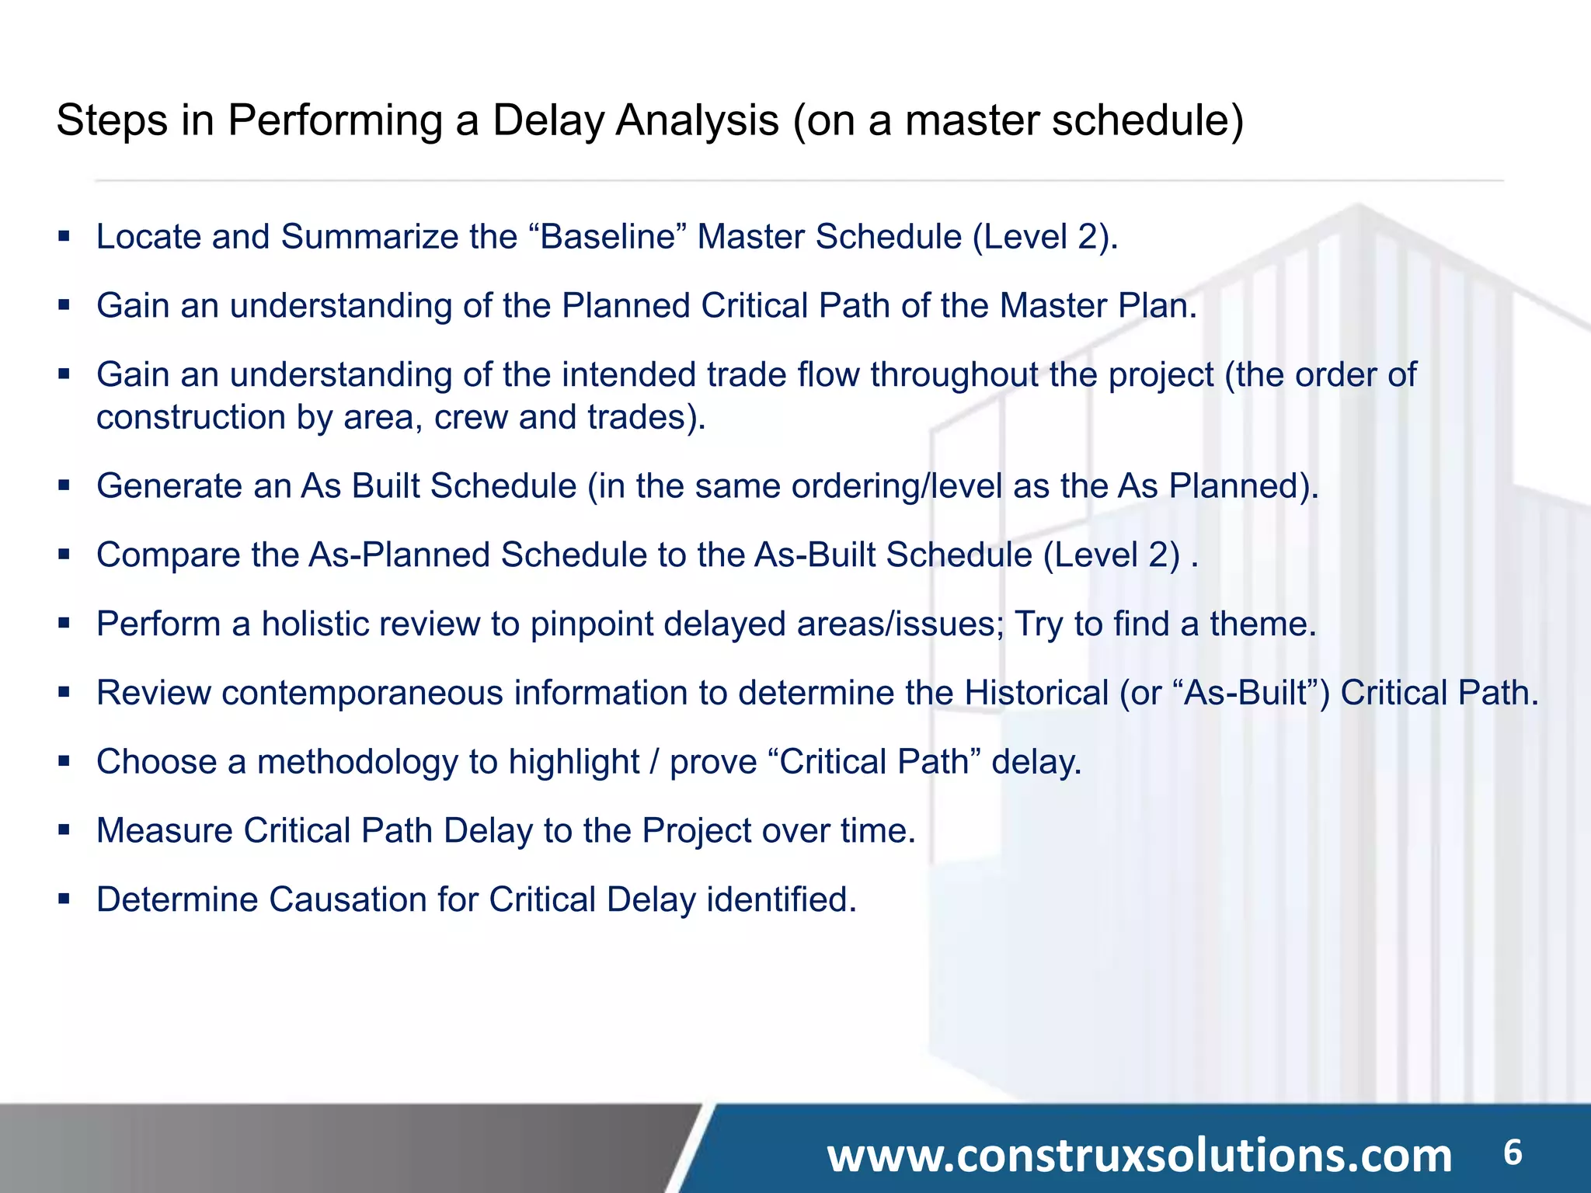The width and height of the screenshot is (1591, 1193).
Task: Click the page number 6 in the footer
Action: coord(1512,1152)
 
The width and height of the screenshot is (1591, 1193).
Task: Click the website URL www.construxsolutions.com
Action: coord(1139,1155)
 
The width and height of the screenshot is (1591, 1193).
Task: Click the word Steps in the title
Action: coord(112,121)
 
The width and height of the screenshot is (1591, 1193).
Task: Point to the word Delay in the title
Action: coord(548,121)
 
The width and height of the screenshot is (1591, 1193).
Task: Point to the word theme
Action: coord(1262,624)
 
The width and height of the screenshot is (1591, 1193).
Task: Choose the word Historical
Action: coord(1036,694)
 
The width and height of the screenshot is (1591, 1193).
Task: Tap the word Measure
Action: coord(165,831)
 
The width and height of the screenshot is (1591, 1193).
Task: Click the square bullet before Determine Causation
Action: coord(64,899)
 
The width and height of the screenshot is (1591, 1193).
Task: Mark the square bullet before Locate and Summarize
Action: coord(64,236)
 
